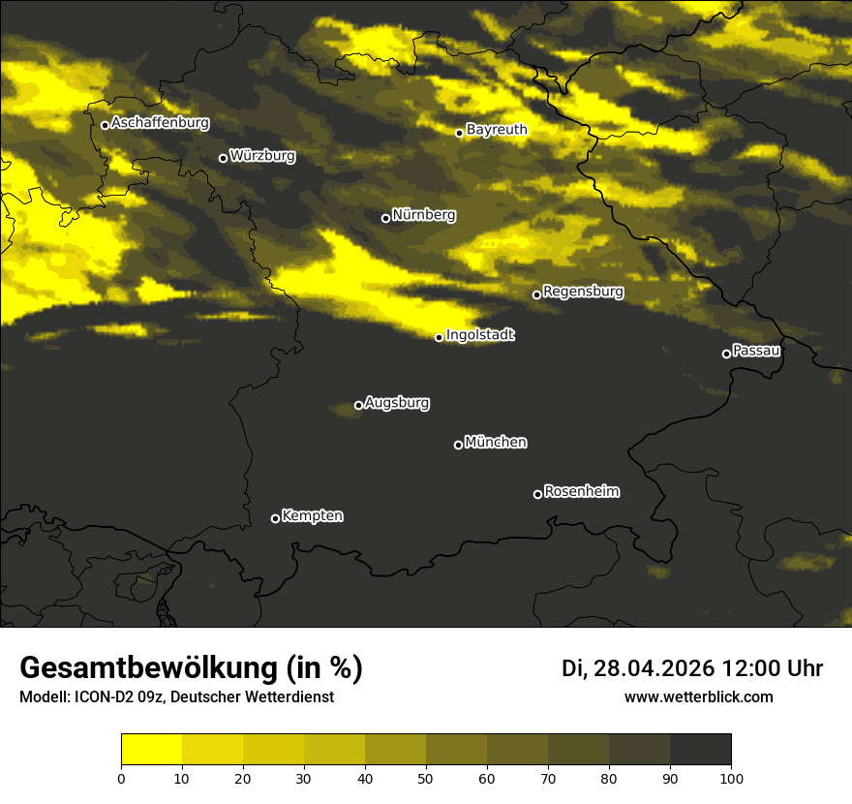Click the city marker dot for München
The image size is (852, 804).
459,445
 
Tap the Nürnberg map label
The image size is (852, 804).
424,215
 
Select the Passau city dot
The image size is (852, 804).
726,354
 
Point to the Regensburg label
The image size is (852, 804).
583,291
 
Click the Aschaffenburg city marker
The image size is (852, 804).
105,125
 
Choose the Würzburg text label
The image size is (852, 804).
262,155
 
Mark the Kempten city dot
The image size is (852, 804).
275,518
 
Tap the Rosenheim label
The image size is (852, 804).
581,491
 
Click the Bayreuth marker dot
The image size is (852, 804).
459,133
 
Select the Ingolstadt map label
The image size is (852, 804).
480,335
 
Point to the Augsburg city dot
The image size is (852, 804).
358,405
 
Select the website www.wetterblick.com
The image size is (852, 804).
699,697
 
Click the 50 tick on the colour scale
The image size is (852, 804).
426,778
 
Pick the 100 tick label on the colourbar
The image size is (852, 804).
731,778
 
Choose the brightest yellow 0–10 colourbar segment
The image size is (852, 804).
152,749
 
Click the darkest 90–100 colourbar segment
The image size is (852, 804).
700,749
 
